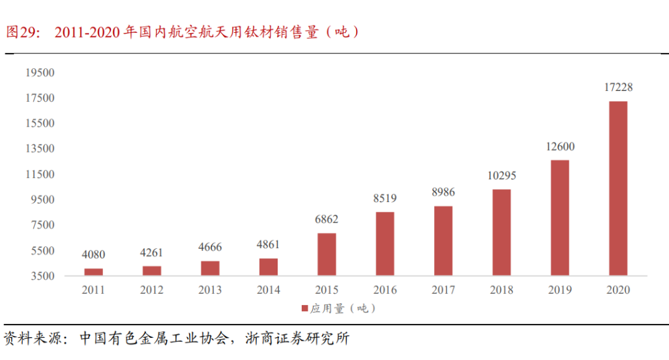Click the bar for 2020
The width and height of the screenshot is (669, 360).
[617, 189]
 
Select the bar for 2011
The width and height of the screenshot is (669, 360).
[94, 272]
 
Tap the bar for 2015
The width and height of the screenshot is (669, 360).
[326, 254]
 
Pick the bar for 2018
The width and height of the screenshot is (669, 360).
[501, 232]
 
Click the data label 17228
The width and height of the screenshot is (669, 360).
[617, 88]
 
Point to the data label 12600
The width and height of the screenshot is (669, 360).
[559, 147]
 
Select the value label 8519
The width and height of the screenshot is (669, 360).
[385, 198]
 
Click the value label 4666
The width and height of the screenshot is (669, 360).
[210, 248]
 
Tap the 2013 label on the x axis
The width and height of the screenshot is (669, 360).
[210, 290]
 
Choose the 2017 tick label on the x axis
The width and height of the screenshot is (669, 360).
[443, 290]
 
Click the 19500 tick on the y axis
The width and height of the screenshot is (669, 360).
[41, 72]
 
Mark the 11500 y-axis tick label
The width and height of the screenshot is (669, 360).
[41, 174]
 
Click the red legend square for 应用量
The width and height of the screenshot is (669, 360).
[304, 308]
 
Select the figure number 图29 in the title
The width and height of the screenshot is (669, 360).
[21, 31]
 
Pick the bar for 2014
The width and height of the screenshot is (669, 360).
[268, 267]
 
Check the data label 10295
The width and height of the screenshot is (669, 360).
[501, 176]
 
